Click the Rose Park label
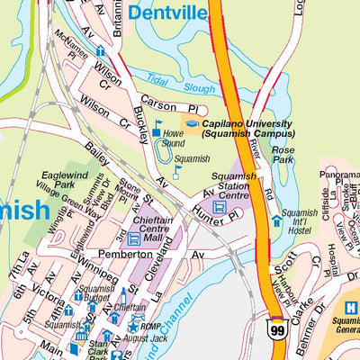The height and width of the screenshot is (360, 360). click(283, 155)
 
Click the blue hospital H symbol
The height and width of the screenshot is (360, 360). click(351, 308)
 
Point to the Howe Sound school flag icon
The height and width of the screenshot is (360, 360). click(158, 129)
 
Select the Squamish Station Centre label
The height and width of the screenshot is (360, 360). click(234, 185)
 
